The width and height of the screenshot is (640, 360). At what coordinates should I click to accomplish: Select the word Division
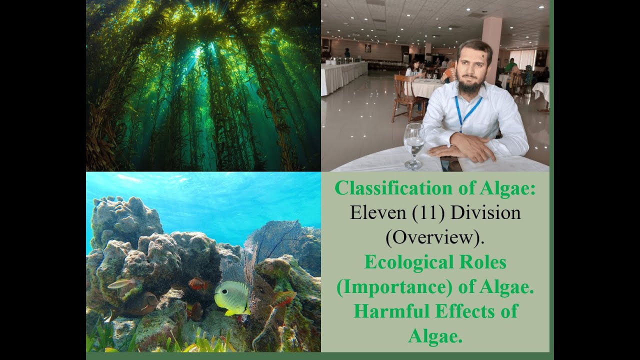click(485, 213)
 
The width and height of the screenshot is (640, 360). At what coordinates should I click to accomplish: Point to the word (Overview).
click(435, 237)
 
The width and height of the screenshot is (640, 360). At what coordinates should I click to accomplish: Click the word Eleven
click(377, 213)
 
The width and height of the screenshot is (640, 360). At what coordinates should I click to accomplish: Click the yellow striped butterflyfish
click(231, 297)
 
